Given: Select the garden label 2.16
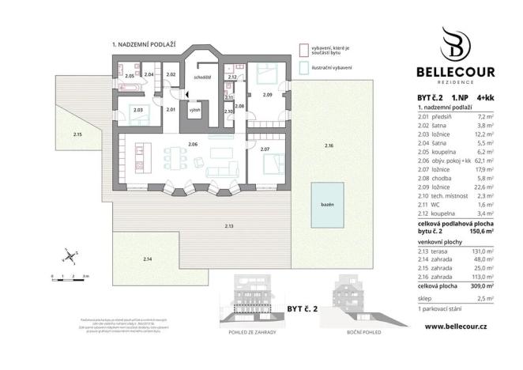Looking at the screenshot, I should (x=329, y=146).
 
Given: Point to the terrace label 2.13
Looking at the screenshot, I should (x=229, y=227).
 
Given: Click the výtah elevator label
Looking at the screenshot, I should (x=193, y=111).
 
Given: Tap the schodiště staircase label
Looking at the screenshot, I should (x=202, y=77).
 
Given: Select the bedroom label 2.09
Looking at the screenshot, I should (x=267, y=95).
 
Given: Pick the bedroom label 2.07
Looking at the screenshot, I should (x=265, y=149).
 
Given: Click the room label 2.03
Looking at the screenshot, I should (x=137, y=110).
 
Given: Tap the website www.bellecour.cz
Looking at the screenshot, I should (x=455, y=325).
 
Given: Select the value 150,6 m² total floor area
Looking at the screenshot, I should (x=481, y=232).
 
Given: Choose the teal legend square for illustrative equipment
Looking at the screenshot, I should (x=302, y=67).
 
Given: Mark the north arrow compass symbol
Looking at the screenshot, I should (x=70, y=255).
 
